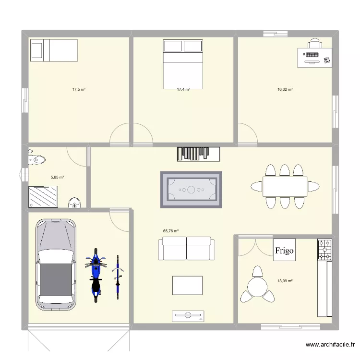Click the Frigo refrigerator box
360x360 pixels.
[284, 250]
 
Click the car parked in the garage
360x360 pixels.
[56, 264]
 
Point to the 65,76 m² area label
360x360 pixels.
[170, 231]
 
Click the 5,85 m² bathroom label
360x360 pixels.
[57, 177]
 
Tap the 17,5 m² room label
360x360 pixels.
[79, 89]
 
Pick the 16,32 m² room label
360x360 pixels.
[285, 89]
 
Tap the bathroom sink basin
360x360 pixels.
[74, 203]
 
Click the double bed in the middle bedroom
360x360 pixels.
[183, 62]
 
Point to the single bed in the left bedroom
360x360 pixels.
[54, 50]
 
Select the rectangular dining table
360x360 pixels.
[285, 186]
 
